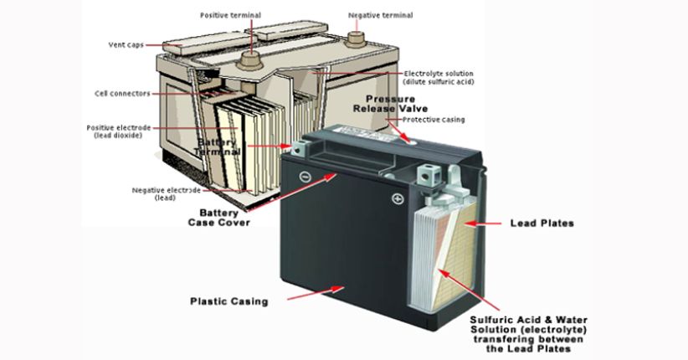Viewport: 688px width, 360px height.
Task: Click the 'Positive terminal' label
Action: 229,16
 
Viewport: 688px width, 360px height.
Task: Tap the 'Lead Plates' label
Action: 542,224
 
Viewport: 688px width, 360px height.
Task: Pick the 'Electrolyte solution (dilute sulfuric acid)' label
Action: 438,78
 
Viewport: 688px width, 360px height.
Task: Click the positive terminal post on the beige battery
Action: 249,59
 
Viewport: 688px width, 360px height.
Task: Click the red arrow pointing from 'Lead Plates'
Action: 485,224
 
